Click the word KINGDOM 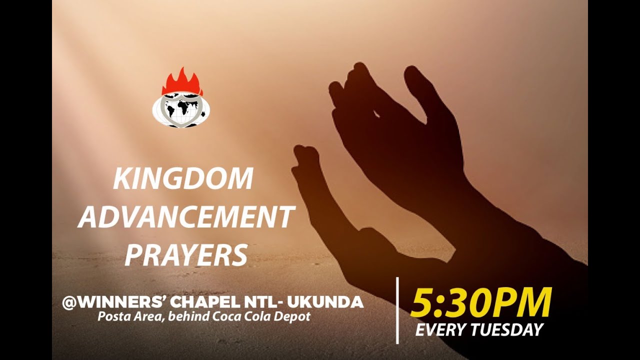click(x=183, y=179)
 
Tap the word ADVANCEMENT click(x=186, y=217)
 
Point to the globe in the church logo click(x=180, y=110)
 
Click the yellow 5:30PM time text click(x=480, y=303)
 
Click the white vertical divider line click(x=397, y=310)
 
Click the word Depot click(x=295, y=316)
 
